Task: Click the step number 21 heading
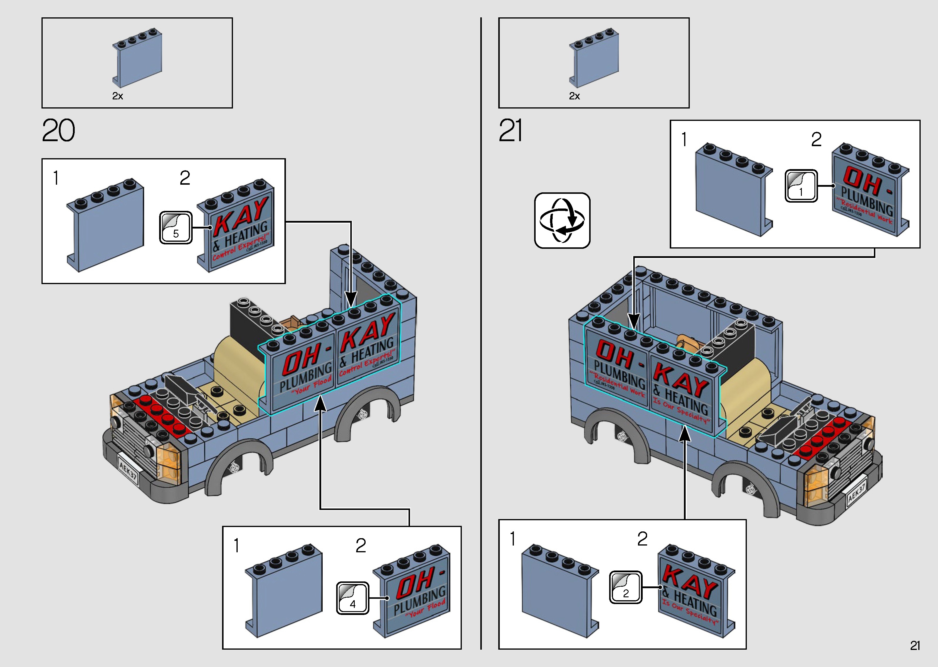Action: pyautogui.click(x=511, y=131)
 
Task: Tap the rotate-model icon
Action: pyautogui.click(x=562, y=221)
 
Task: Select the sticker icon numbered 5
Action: pyautogui.click(x=176, y=228)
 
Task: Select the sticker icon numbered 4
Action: pyautogui.click(x=352, y=598)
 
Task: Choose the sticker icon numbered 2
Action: pyautogui.click(x=625, y=587)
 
